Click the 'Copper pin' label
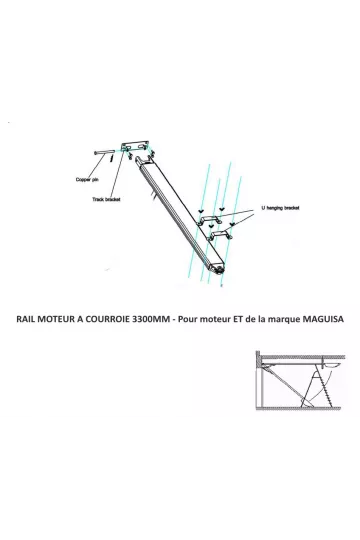(x=87, y=180)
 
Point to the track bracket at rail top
(x=135, y=150)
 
